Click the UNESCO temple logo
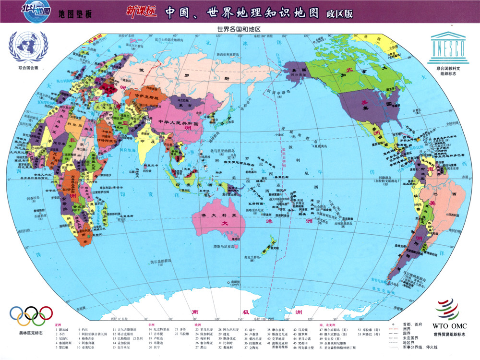[447, 46]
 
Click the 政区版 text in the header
[339, 13]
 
